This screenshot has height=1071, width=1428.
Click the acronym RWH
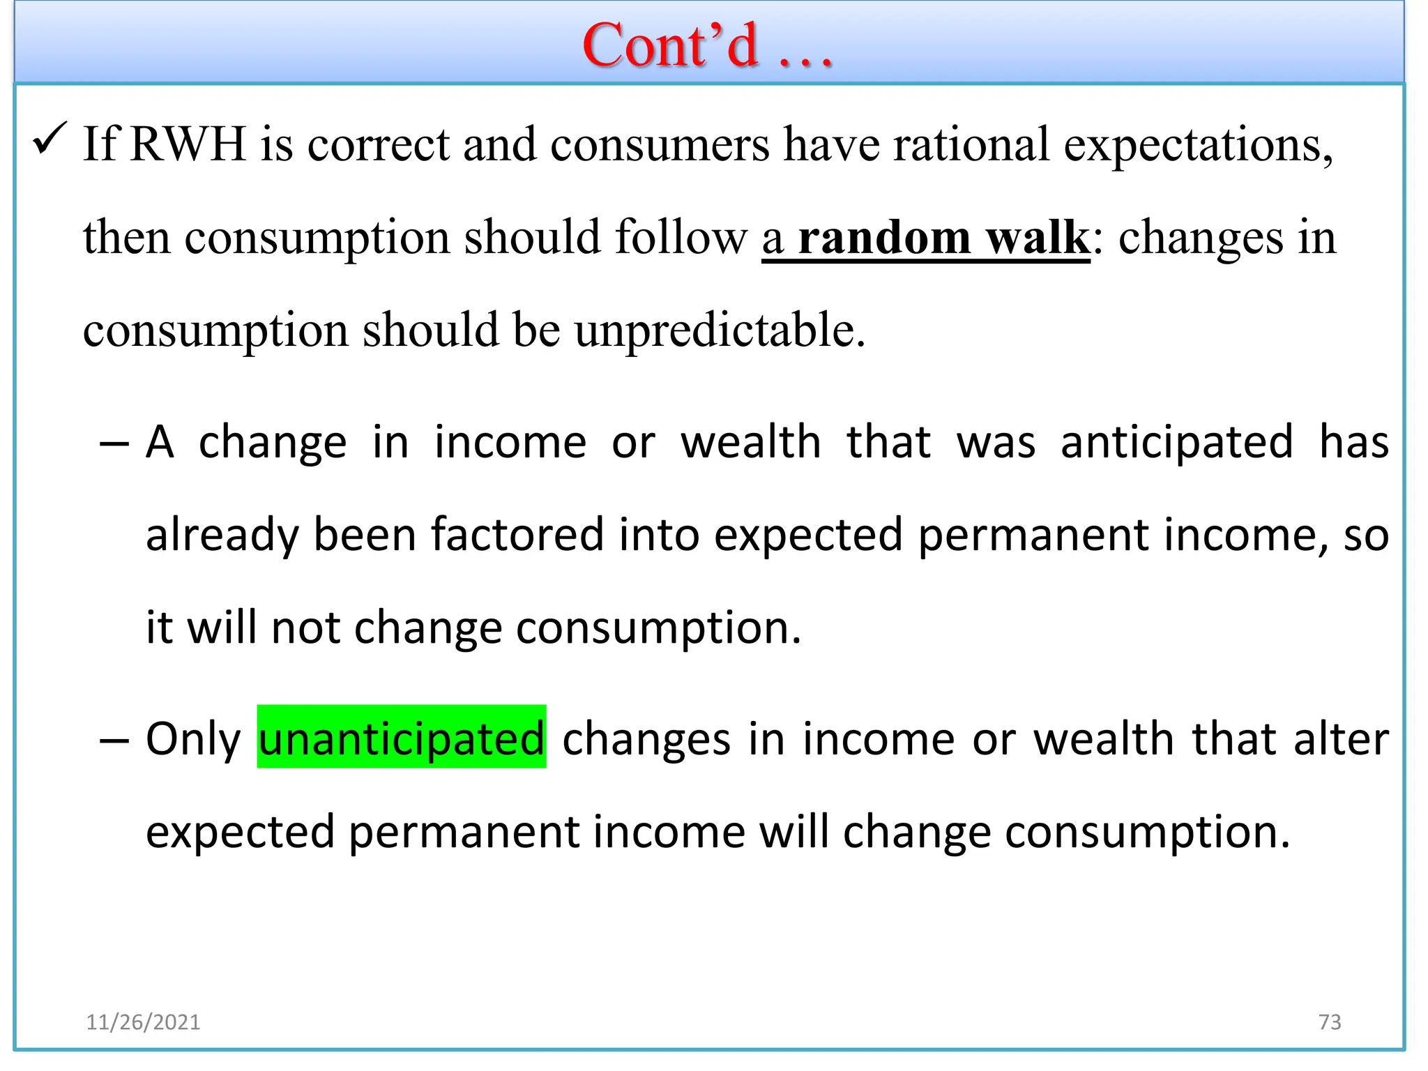[x=188, y=144]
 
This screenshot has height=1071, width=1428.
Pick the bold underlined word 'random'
[x=884, y=238]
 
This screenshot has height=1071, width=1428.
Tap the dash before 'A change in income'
[x=114, y=444]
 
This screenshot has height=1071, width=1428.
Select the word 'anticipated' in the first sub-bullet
[x=1176, y=443]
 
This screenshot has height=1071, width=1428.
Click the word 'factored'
[x=517, y=535]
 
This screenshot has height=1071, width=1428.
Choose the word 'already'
[x=222, y=536]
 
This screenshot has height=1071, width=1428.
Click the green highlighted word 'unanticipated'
[x=402, y=738]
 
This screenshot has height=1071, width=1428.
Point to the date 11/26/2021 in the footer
[x=143, y=1022]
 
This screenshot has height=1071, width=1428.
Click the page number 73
[x=1330, y=1022]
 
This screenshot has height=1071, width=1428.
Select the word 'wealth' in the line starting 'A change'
[x=751, y=443]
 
